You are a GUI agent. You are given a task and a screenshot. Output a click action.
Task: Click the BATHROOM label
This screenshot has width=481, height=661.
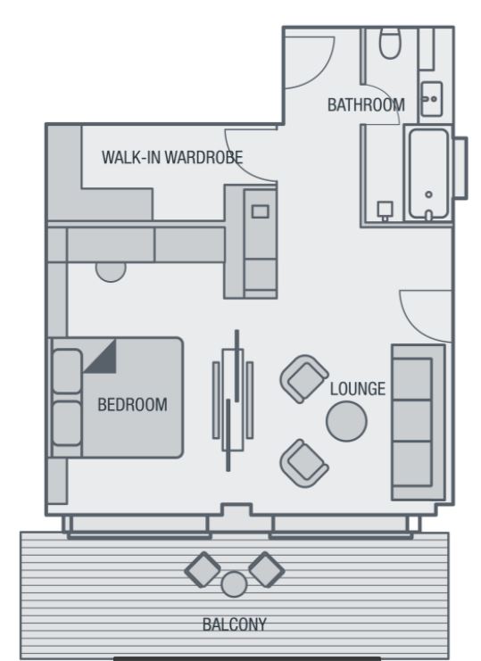[x=366, y=104]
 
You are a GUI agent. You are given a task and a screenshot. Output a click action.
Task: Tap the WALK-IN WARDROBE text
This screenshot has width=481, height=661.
[x=172, y=157]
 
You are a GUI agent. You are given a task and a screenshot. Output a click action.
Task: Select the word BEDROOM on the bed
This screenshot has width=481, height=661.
[x=132, y=405]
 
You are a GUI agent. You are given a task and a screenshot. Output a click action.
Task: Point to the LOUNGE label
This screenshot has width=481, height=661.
[x=358, y=389]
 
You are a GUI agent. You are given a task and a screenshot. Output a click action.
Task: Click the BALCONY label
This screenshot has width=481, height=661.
[x=235, y=624]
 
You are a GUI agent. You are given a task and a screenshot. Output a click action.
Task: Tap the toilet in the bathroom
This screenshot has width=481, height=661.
[x=389, y=43]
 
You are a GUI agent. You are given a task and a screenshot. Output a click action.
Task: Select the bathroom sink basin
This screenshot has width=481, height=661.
[x=432, y=99]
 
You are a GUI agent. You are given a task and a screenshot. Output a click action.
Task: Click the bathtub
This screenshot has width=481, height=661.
[x=428, y=175]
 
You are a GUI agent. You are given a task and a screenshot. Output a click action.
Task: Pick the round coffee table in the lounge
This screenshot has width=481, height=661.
[x=346, y=421]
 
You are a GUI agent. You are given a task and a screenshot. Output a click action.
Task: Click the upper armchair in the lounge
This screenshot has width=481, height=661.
[x=304, y=379]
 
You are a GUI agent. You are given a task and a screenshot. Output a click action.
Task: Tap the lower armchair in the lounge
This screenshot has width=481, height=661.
[x=304, y=463]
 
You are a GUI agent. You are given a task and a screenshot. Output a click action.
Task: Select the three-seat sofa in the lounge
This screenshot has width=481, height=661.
[x=418, y=423]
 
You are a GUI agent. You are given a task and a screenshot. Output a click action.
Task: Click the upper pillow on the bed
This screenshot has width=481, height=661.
[x=67, y=371]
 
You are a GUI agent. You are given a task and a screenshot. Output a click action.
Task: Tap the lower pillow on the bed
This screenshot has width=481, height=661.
[x=67, y=423]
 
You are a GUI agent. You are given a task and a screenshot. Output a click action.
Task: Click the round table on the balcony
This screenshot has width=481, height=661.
[x=234, y=584]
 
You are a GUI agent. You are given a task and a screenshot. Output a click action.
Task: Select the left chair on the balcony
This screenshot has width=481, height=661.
[x=203, y=569]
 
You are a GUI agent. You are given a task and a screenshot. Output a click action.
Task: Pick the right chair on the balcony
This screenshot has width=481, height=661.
[x=267, y=569]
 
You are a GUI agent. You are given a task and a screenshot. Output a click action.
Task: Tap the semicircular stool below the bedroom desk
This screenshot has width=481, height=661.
[x=111, y=271]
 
